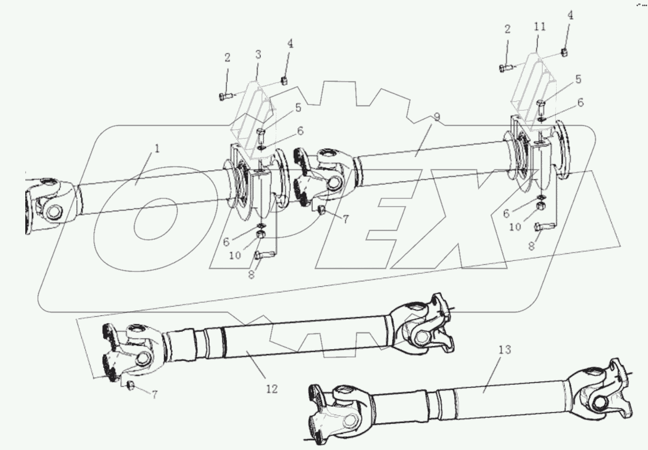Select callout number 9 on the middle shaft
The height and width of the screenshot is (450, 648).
click(x=437, y=117)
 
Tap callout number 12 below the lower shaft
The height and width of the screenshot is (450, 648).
click(x=272, y=389)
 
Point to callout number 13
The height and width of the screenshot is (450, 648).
click(x=504, y=350)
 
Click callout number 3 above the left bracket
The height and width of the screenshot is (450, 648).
click(x=258, y=54)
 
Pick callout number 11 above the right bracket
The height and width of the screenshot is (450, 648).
click(x=540, y=26)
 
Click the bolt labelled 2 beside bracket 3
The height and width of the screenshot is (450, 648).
click(x=225, y=96)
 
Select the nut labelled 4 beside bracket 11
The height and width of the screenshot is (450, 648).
click(x=565, y=52)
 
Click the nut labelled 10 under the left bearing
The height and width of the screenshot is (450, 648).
click(x=259, y=235)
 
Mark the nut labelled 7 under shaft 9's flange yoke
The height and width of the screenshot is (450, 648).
click(x=323, y=211)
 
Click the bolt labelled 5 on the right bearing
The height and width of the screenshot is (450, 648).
click(x=541, y=108)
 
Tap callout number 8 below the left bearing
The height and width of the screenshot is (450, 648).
click(x=251, y=275)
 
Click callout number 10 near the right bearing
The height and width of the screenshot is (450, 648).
click(x=515, y=227)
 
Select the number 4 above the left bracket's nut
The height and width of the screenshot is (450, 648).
click(x=290, y=44)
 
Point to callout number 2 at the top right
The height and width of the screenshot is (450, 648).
click(x=507, y=29)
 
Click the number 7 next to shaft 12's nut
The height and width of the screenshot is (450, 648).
click(x=154, y=394)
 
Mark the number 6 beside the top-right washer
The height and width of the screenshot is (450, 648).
click(x=580, y=103)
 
